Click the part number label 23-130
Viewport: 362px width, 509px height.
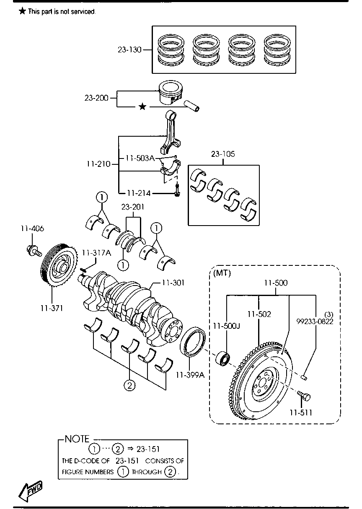coord(129,49)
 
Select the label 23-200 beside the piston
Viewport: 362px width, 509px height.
coord(96,98)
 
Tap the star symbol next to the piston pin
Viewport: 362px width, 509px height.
coord(142,106)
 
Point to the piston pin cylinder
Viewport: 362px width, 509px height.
coord(191,106)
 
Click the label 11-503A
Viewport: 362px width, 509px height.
coord(140,158)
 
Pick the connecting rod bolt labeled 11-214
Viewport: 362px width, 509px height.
coord(177,190)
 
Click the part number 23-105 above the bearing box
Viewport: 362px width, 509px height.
coord(223,154)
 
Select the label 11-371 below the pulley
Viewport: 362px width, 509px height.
coord(52,308)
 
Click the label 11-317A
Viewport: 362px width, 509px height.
coord(96,253)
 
